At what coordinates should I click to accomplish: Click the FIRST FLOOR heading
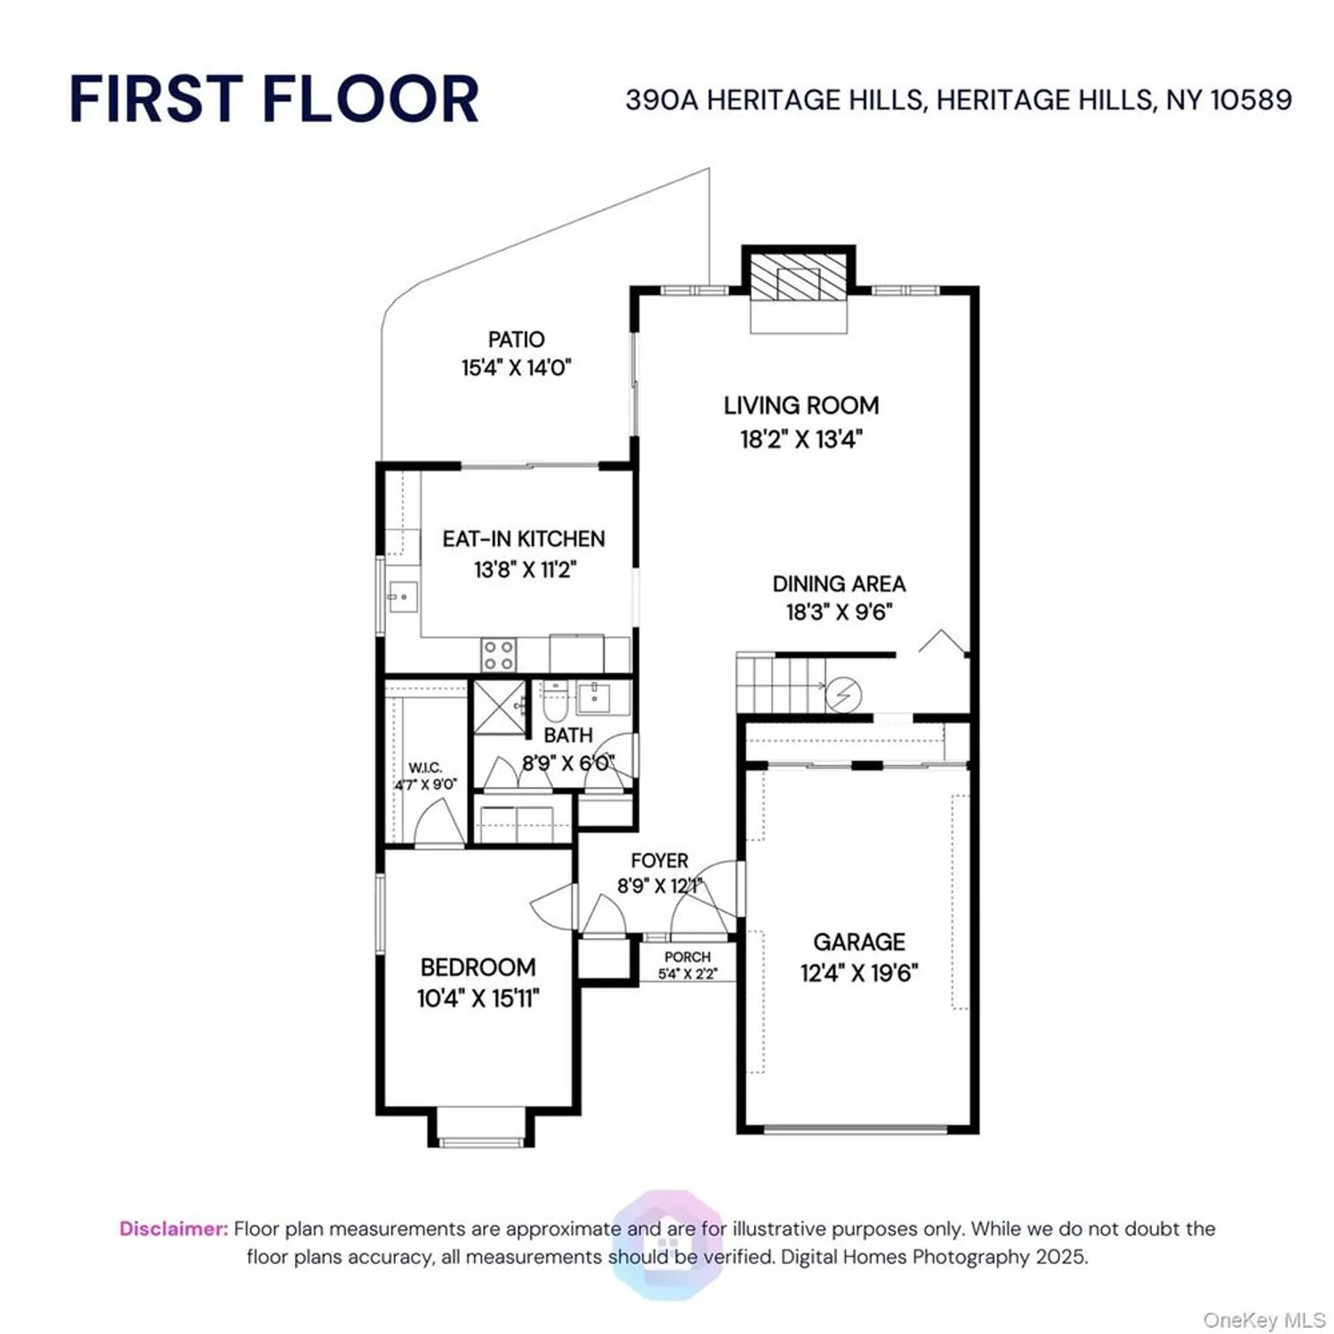tap(274, 99)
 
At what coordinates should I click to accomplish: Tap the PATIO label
tap(516, 340)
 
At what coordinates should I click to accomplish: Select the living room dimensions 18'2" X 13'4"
tap(801, 439)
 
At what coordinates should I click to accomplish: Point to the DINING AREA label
tap(839, 584)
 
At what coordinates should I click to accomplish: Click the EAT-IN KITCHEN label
tap(524, 539)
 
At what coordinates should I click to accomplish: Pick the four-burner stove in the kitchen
tap(498, 655)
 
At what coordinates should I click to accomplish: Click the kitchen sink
tap(402, 596)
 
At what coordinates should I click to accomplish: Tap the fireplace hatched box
tap(798, 277)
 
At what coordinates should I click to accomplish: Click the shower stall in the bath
tap(499, 707)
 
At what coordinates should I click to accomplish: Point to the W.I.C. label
tap(425, 767)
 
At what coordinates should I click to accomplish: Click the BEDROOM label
tap(478, 968)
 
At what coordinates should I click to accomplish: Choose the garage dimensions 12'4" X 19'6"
tap(858, 973)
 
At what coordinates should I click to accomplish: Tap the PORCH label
tap(687, 957)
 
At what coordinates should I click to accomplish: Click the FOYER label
tap(659, 861)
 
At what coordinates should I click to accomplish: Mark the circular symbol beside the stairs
tap(843, 695)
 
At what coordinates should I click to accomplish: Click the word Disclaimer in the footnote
tap(173, 1229)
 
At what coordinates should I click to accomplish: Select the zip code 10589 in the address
tap(1251, 100)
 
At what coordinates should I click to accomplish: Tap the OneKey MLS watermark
tap(1263, 1320)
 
